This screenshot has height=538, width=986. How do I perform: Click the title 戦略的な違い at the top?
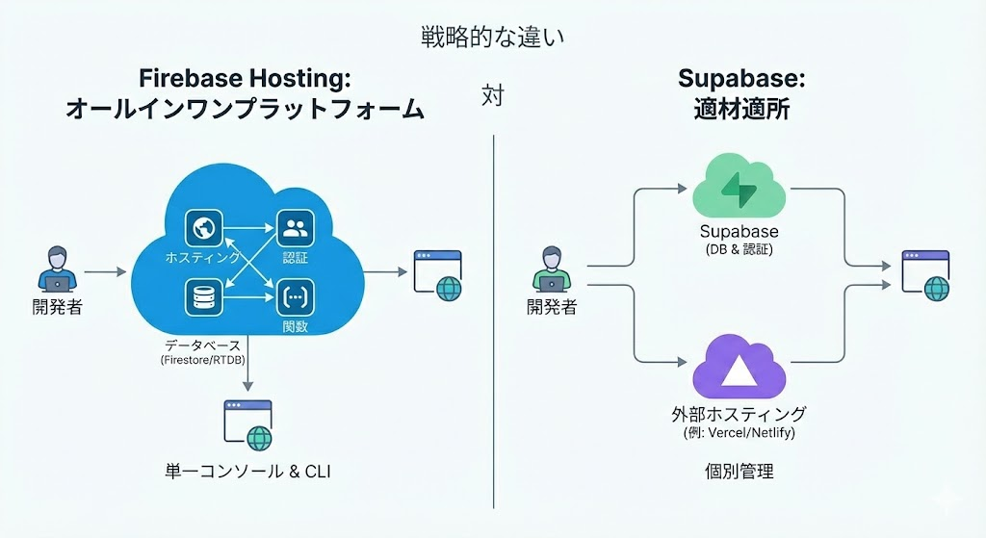click(x=492, y=38)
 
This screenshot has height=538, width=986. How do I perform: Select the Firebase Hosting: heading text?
click(x=245, y=78)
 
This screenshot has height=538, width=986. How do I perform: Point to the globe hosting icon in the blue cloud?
click(x=203, y=229)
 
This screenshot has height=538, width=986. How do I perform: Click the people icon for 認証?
click(x=296, y=229)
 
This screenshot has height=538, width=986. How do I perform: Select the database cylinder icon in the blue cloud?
click(x=203, y=297)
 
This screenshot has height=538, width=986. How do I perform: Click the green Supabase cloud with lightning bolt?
click(x=739, y=188)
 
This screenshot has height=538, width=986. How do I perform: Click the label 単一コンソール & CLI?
click(x=247, y=473)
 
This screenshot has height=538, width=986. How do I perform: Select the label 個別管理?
click(x=739, y=473)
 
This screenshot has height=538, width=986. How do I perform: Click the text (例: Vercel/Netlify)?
click(x=739, y=434)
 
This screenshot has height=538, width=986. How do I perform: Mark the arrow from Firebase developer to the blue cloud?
click(x=106, y=272)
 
